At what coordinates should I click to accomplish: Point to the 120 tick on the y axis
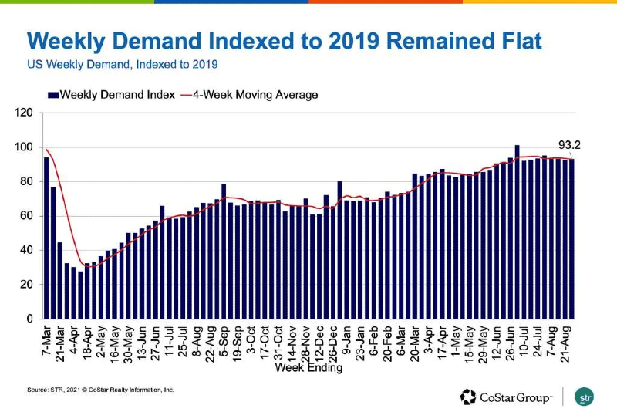pos(25,113)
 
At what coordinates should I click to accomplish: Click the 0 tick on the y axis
pos(29,319)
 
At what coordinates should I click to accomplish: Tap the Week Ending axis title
pos(308,368)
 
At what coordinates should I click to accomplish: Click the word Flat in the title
pos(506,39)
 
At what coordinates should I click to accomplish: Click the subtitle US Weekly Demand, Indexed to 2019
pos(123,63)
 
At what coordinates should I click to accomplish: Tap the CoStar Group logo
pos(506,397)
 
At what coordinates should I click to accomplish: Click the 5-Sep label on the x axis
pos(221,337)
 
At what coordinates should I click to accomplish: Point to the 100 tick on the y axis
pos(25,147)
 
